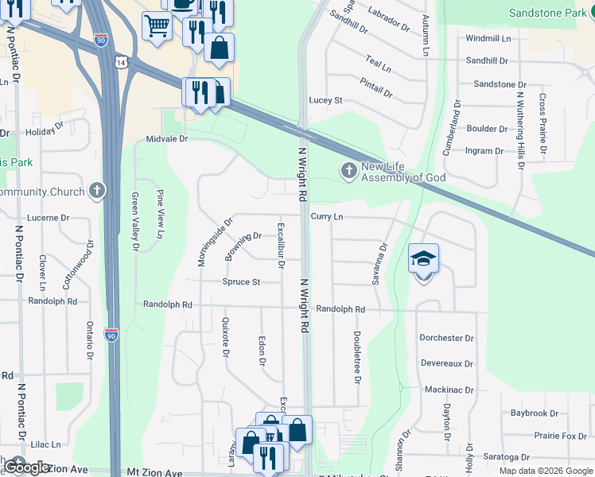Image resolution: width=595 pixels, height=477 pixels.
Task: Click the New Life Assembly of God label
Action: coord(403,172)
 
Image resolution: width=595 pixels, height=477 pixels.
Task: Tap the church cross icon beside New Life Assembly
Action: coord(348,170)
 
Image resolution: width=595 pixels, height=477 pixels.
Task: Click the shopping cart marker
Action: coord(157,26)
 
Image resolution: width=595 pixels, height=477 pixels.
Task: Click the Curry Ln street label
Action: coord(327,216)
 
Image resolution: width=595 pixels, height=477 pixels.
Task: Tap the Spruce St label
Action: coord(241,282)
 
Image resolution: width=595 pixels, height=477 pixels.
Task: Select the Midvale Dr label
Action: coord(165,138)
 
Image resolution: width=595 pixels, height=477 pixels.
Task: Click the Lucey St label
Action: coord(326,100)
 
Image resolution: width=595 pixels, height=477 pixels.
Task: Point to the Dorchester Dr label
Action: coord(446,338)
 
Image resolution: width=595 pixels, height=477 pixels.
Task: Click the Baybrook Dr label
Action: coord(535,413)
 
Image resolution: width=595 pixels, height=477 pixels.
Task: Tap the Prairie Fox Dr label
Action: coord(561,436)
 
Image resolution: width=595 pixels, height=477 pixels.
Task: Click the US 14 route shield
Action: coord(120,62)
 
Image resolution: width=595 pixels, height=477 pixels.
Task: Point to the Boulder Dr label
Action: coord(487,129)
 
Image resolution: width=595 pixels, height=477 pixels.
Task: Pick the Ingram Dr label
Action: coord(484,150)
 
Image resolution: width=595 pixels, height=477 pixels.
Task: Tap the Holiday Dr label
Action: coord(43,131)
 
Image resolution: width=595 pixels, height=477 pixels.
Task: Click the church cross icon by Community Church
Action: coord(96,190)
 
